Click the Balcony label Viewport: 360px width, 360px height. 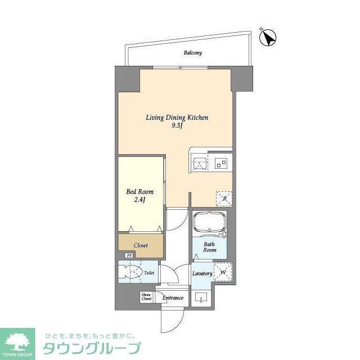[192, 53]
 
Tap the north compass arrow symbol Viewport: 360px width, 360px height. [268, 37]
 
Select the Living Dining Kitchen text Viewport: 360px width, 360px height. [177, 118]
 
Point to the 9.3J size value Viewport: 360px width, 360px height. [178, 126]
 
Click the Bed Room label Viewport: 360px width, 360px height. [139, 192]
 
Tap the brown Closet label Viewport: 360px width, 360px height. [141, 245]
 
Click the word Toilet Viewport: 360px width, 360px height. [149, 273]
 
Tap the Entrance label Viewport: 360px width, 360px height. [173, 298]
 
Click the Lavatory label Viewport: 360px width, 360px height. [201, 273]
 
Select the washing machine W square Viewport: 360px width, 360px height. [222, 272]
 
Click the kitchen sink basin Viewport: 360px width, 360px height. [200, 164]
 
